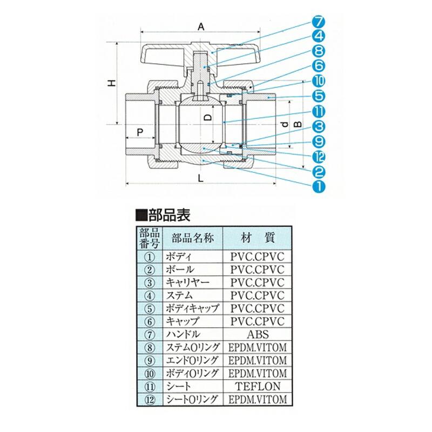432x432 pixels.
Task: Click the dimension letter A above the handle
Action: pos(201,25)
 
